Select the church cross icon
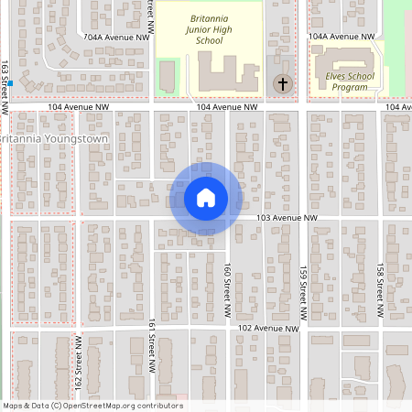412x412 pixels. tap(283, 84)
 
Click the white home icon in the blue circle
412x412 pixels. tap(205, 198)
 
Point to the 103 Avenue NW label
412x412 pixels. tap(287, 218)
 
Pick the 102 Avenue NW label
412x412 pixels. tap(269, 328)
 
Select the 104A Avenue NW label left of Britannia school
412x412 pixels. tap(115, 38)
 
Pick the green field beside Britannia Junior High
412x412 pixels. tap(167, 75)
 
